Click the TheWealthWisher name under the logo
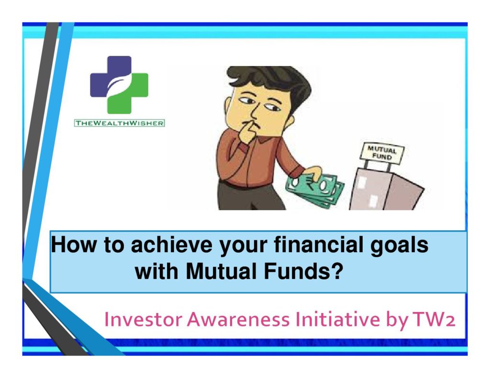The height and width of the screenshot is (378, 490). [119, 123]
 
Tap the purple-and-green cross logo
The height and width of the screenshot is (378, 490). [119, 85]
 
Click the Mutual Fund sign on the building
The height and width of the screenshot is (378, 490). [381, 153]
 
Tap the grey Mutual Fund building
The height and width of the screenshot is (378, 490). [387, 190]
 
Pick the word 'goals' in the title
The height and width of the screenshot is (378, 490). [400, 246]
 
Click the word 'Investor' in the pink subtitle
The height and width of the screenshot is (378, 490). [143, 319]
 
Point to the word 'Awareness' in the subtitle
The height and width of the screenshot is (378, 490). [238, 319]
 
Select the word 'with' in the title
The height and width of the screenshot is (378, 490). [156, 271]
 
